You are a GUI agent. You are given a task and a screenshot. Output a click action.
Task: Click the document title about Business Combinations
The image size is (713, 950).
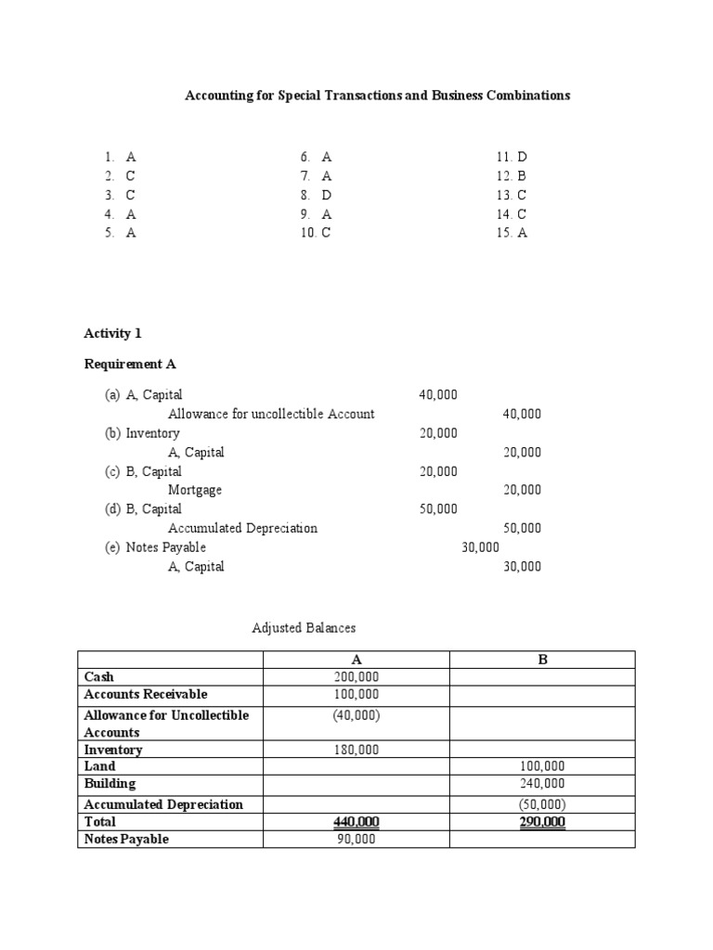tap(378, 96)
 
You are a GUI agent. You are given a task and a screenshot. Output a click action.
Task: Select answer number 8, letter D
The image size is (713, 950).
tap(316, 195)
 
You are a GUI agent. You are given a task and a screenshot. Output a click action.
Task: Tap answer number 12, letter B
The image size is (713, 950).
tap(512, 175)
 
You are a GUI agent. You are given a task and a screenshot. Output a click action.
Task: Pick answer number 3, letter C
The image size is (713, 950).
tap(121, 195)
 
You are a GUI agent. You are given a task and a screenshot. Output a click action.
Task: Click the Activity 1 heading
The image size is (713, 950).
tap(112, 333)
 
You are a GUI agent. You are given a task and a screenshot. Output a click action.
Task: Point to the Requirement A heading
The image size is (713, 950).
tap(130, 364)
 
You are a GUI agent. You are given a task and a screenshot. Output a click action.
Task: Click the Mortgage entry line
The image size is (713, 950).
tap(195, 490)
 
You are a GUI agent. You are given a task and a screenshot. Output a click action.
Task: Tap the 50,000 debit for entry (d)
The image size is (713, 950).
tap(438, 509)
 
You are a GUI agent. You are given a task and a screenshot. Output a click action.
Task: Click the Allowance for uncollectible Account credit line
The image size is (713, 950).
tap(271, 414)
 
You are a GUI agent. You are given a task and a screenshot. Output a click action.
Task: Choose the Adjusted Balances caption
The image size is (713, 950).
tap(304, 628)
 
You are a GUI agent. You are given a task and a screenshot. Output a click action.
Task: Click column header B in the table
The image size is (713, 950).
tap(543, 660)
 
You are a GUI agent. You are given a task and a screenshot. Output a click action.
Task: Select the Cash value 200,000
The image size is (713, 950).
tap(356, 677)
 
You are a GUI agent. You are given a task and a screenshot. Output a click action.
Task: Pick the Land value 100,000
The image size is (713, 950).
tap(542, 766)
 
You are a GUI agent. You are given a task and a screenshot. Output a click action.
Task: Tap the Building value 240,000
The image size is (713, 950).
tap(542, 784)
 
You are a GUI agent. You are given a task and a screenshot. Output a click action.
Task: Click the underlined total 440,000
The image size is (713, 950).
tap(356, 822)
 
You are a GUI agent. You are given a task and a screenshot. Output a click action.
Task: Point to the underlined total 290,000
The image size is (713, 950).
tap(542, 822)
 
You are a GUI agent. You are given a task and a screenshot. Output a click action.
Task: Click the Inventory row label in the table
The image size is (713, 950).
tap(113, 750)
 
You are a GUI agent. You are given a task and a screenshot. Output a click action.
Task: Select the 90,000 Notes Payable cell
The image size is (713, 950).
tap(356, 840)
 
